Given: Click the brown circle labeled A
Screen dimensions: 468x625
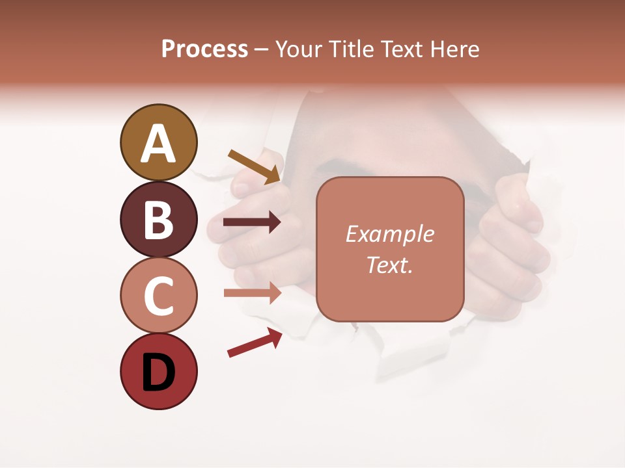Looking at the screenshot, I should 158,142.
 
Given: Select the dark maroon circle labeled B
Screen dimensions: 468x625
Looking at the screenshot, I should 158,219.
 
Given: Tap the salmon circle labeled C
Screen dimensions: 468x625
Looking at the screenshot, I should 158,295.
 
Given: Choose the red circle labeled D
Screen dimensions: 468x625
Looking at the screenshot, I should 158,372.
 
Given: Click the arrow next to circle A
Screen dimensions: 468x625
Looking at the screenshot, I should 254,166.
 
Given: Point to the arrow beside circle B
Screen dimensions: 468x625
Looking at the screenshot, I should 252,222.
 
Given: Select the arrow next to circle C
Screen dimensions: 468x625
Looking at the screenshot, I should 252,293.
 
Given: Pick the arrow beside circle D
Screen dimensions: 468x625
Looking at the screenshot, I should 255,343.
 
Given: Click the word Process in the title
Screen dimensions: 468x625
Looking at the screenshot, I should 204,49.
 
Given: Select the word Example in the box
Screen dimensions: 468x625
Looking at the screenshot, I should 389,234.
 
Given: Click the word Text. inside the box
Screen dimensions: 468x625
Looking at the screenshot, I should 389,265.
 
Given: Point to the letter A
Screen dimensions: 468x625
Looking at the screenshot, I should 158,144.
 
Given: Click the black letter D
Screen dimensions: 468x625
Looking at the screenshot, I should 158,372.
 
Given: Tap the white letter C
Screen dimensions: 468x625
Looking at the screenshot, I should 158,296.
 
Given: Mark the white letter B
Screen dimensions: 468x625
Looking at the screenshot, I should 158,220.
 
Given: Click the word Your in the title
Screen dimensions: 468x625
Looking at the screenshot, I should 299,49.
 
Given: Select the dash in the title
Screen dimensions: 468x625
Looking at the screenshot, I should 262,49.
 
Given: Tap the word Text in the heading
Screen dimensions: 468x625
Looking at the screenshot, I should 400,49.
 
